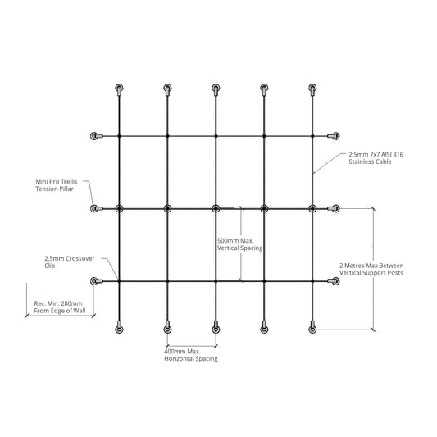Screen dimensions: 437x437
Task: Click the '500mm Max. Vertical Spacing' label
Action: click(x=239, y=244)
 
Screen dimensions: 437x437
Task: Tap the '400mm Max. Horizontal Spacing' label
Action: click(x=191, y=355)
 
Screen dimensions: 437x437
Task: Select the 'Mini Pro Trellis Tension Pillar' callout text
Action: click(x=57, y=185)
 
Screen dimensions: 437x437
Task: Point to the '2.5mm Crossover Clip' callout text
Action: click(x=70, y=262)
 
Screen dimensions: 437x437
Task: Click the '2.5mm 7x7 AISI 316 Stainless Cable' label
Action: click(x=376, y=158)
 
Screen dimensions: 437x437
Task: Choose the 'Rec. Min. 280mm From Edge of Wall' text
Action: click(x=60, y=307)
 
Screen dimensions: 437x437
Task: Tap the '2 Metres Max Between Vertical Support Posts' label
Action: click(x=371, y=269)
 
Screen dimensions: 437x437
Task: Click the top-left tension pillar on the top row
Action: click(x=119, y=89)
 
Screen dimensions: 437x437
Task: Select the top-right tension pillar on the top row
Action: click(x=312, y=89)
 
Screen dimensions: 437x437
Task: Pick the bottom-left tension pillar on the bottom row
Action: click(x=119, y=328)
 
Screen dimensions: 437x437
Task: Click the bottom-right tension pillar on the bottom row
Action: click(x=312, y=328)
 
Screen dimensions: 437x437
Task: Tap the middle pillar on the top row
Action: click(x=216, y=89)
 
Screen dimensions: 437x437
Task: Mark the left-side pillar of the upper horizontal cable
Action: click(x=97, y=136)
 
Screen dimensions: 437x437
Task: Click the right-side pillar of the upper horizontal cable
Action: click(x=334, y=136)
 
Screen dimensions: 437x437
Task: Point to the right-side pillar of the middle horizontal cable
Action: click(x=334, y=208)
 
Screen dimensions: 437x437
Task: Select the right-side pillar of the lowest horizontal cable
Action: click(x=334, y=281)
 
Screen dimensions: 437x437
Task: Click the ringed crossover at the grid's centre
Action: click(x=216, y=208)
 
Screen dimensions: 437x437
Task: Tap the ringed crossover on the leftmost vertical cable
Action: click(x=119, y=208)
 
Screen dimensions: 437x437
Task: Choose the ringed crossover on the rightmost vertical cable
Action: click(x=312, y=208)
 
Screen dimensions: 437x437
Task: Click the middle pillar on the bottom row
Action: click(x=216, y=328)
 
